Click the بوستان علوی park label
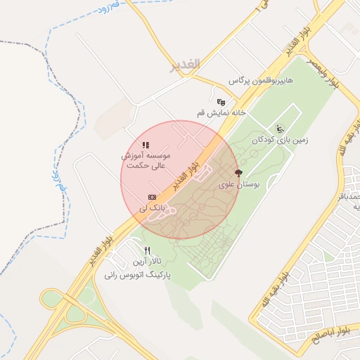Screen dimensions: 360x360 click(x=240, y=185)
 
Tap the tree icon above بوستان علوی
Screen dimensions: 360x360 click(x=239, y=173)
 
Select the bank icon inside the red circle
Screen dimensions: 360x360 click(x=152, y=198)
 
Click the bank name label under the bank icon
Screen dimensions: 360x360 click(x=152, y=208)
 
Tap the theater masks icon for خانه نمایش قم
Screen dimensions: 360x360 click(x=221, y=102)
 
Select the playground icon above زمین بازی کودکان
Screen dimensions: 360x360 click(x=280, y=128)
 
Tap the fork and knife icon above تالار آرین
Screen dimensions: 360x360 click(x=147, y=251)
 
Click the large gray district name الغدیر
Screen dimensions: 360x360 click(x=185, y=65)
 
